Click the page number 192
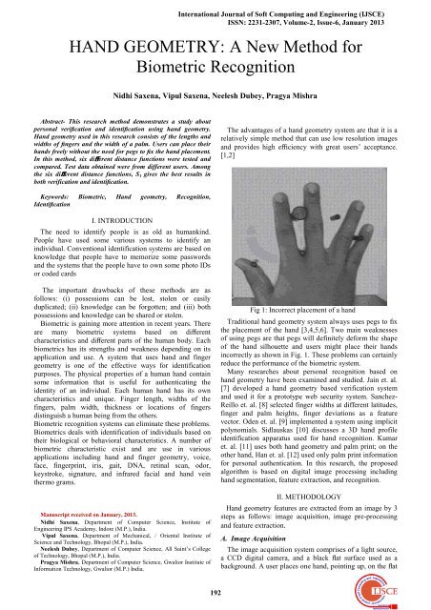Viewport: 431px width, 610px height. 214,588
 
